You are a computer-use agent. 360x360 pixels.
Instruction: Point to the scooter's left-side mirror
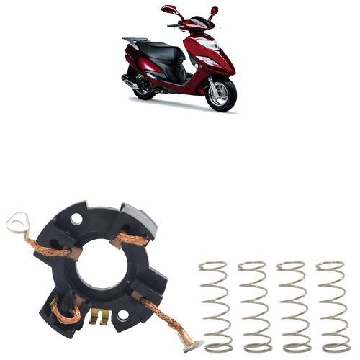coord(170,10)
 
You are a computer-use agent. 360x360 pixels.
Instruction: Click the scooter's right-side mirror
coord(214,11)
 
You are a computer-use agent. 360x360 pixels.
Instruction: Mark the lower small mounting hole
coord(123,315)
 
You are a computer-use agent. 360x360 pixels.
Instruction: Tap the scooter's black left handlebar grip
coord(174,25)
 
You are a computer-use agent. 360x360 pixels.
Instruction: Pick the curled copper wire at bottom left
coord(66,317)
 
